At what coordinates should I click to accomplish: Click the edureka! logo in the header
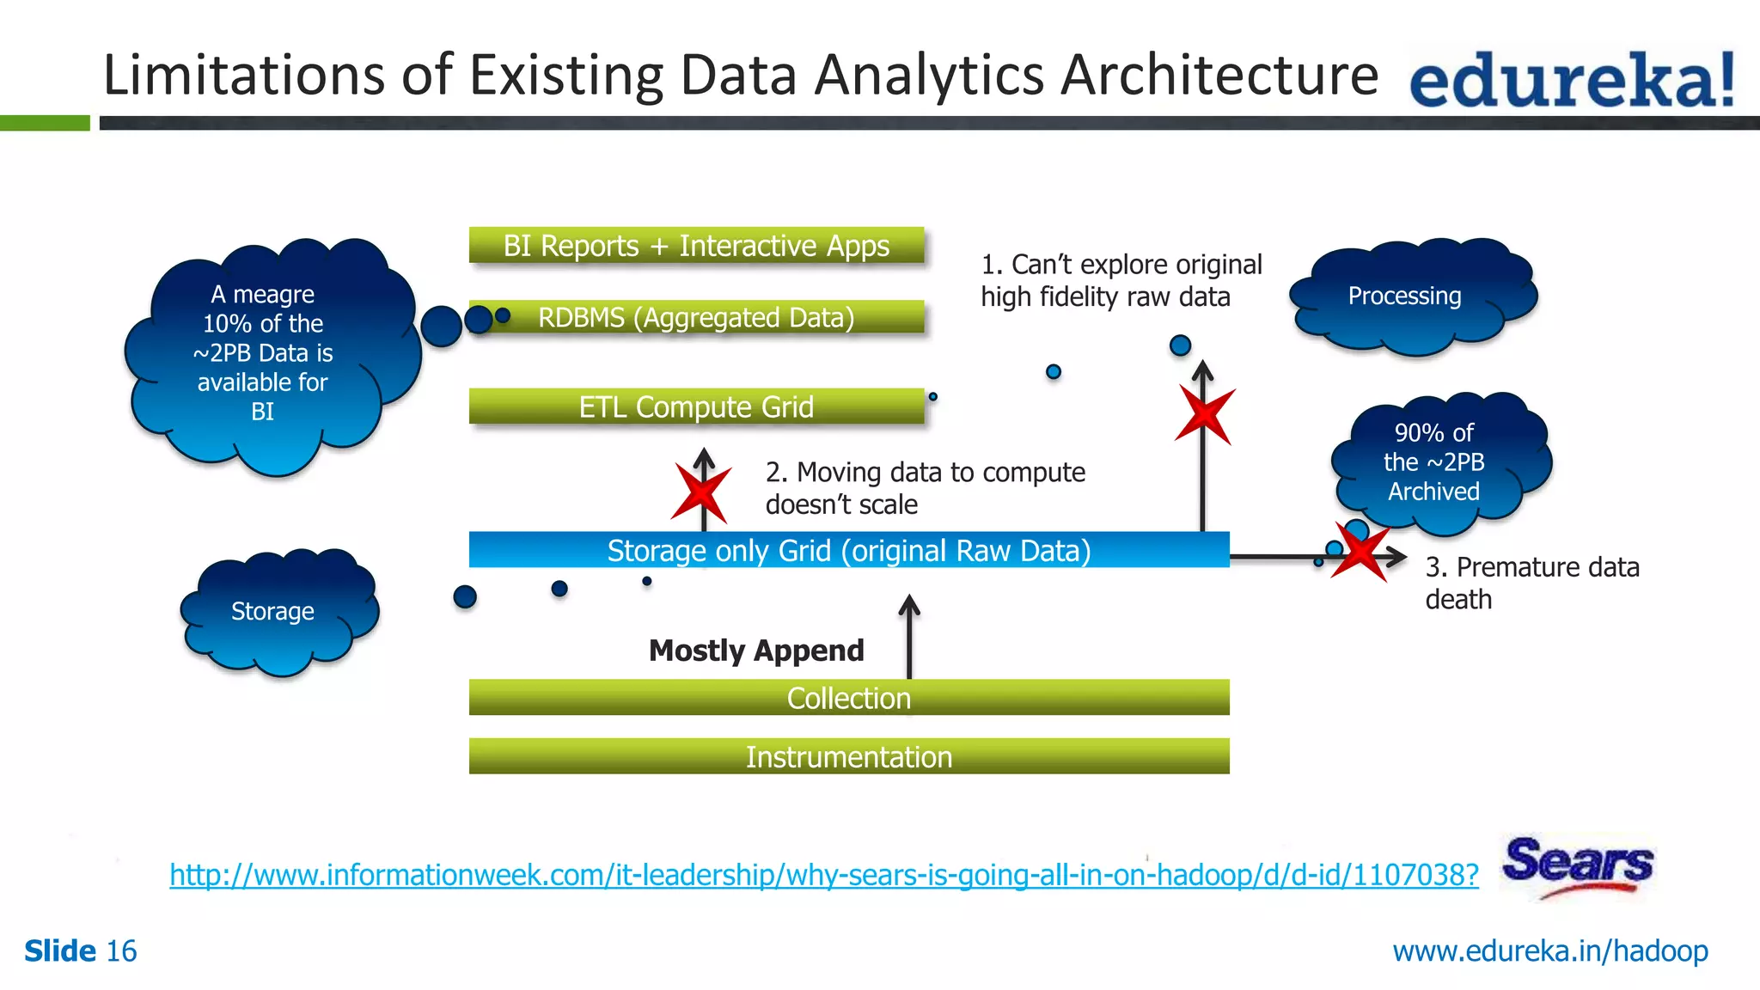[1571, 79]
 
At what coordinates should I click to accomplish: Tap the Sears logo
[1578, 865]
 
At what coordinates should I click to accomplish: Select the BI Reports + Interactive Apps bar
[696, 246]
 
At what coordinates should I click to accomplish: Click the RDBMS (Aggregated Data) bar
[696, 317]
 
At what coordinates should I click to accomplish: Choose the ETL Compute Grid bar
[696, 406]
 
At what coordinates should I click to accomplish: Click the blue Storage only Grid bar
[848, 550]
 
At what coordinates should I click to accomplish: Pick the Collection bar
[848, 698]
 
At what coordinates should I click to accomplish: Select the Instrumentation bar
[848, 756]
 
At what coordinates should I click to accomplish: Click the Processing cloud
[1409, 296]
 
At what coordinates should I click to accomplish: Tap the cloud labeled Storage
[275, 612]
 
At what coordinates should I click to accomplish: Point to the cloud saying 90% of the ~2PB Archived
[1437, 462]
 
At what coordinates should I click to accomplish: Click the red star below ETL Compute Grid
[701, 492]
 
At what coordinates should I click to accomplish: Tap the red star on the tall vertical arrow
[1205, 414]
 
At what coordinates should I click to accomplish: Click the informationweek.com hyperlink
[823, 875]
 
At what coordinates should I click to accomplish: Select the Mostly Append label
[756, 651]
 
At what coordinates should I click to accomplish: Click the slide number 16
[121, 951]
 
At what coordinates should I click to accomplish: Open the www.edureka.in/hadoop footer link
[1550, 951]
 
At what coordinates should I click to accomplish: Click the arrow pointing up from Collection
[909, 636]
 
